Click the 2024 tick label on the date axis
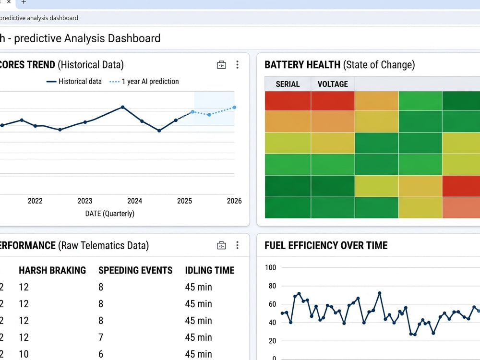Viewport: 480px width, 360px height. tap(135, 201)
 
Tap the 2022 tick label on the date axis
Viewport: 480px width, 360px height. tap(35, 201)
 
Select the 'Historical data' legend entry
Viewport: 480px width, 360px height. tap(74, 82)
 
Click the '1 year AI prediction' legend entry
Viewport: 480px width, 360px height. tap(144, 82)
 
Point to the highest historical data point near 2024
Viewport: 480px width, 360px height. tap(123, 107)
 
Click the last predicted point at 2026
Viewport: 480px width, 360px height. tap(234, 108)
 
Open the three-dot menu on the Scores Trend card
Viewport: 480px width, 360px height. tap(237, 65)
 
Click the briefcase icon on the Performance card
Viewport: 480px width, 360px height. tap(221, 245)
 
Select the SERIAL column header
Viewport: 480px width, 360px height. tap(288, 84)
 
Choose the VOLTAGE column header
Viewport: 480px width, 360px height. tap(333, 84)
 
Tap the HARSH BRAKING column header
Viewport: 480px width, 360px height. tap(52, 270)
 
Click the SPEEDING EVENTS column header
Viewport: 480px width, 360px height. tap(135, 270)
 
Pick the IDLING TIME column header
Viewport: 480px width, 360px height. tap(210, 270)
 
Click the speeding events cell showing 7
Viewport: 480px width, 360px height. tap(101, 337)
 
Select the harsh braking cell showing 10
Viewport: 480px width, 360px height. tap(24, 354)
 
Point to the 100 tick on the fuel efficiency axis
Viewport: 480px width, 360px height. tap(270, 267)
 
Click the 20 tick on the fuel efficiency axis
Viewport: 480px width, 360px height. tap(272, 341)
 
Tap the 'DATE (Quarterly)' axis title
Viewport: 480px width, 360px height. tap(109, 214)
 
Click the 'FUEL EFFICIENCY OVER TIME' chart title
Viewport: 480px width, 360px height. tap(326, 245)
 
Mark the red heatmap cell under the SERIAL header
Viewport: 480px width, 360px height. tap(288, 101)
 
